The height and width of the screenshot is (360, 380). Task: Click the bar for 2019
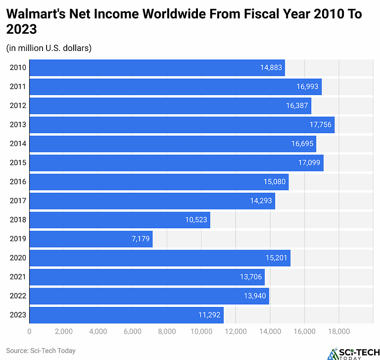(x=91, y=239)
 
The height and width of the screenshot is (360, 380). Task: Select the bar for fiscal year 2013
(x=182, y=125)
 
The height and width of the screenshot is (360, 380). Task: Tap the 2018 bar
(x=120, y=220)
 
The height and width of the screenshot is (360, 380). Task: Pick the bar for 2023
(x=126, y=315)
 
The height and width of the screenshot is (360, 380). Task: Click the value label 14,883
(x=271, y=68)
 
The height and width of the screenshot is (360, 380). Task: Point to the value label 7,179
(x=140, y=239)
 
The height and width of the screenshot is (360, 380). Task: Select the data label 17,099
(x=310, y=163)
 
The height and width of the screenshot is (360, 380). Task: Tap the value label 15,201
(x=277, y=258)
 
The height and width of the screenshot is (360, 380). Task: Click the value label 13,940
(x=255, y=296)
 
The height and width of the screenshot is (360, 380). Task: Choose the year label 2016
(x=18, y=182)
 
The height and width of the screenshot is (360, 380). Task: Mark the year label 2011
(x=18, y=87)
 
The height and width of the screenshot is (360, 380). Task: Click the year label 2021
(x=18, y=277)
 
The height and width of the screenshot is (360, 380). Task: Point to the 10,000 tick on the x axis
(x=201, y=332)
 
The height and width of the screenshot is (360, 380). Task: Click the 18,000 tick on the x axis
(x=338, y=332)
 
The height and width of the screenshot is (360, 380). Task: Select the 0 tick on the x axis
(x=30, y=332)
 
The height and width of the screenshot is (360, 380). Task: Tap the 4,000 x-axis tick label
(x=98, y=332)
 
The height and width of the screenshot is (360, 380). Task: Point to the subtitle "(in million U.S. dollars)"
(x=49, y=48)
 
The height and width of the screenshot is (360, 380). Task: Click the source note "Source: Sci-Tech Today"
(x=41, y=351)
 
